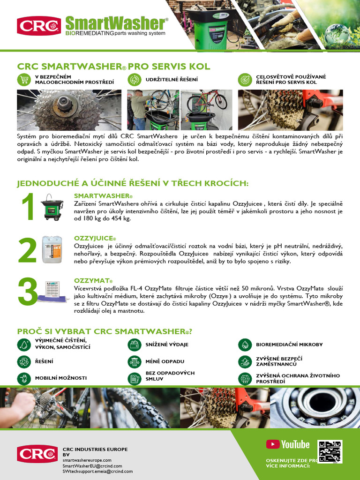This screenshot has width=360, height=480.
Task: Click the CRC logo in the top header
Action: tap(39, 25)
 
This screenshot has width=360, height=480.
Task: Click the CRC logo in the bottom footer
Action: tap(37, 454)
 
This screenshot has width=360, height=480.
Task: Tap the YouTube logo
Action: tap(288, 444)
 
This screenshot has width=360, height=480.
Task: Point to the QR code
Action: tap(330, 451)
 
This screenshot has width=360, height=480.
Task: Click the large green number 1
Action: tap(28, 207)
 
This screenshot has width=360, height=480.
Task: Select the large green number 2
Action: tap(28, 250)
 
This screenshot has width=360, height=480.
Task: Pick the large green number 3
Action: tap(28, 292)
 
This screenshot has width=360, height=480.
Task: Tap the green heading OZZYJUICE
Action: tap(95, 239)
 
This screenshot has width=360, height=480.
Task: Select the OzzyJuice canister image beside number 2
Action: tap(52, 249)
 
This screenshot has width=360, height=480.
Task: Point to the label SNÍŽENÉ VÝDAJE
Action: tap(167, 345)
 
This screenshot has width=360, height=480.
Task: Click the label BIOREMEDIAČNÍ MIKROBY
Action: tap(289, 345)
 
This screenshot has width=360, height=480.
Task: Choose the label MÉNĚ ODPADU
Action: tap(165, 361)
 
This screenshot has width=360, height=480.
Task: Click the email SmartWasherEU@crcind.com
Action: tap(92, 466)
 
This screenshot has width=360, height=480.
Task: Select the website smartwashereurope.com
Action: tap(87, 460)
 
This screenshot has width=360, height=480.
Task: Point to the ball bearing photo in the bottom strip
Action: tap(315, 407)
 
